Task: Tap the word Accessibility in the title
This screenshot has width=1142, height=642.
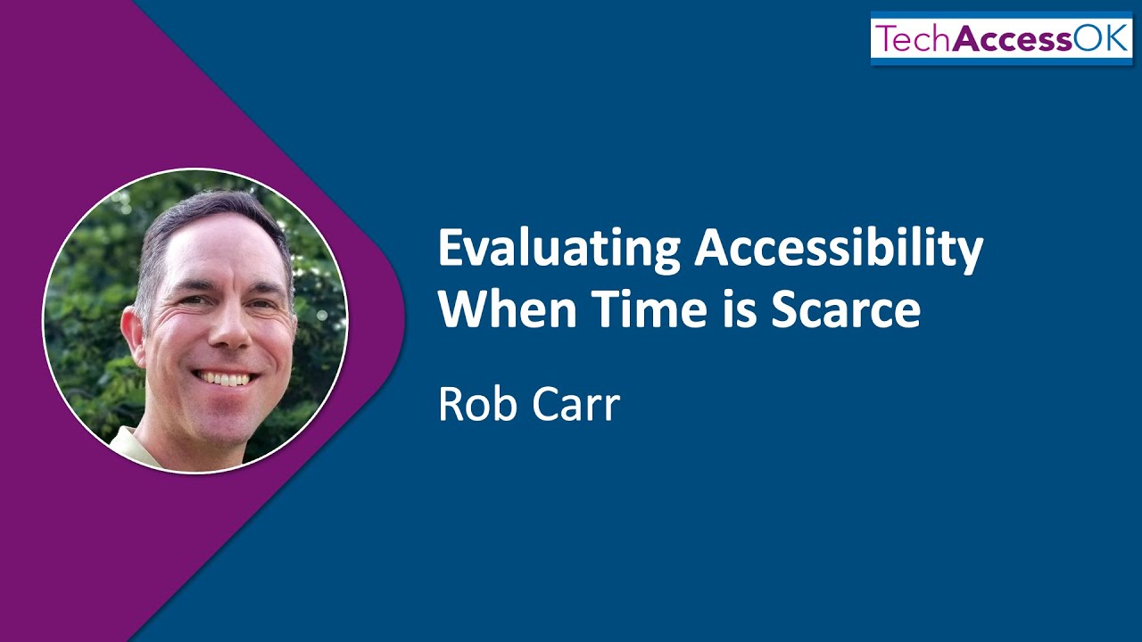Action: (839, 251)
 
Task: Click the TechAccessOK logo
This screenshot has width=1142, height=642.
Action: (1001, 39)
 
